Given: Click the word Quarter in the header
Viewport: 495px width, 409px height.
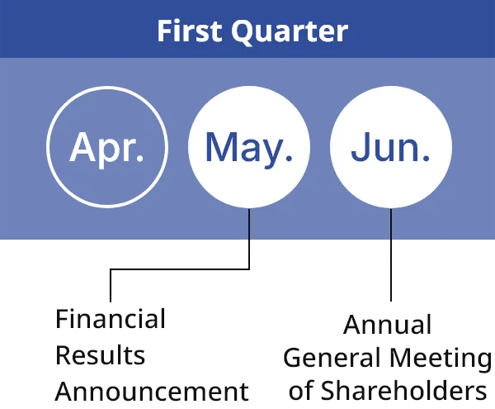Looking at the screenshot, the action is [x=290, y=32].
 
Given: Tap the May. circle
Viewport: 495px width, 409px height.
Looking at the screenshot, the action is [x=249, y=147].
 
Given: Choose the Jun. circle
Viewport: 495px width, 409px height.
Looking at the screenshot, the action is [x=391, y=147].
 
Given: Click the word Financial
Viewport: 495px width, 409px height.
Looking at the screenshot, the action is [x=111, y=319].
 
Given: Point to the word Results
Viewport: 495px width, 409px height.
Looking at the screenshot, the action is [x=100, y=355].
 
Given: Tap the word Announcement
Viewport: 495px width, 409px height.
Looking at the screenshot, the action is [x=152, y=391].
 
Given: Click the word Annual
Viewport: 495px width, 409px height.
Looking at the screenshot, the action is [x=387, y=324].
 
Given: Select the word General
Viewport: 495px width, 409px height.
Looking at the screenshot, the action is [x=332, y=358].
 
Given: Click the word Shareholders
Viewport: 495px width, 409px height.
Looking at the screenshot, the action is [x=403, y=390].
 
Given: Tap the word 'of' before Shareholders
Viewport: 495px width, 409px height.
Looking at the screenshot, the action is [x=302, y=390].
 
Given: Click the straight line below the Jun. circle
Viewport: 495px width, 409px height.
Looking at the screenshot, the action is [x=391, y=254].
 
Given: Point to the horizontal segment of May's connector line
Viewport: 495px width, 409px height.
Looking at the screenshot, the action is [x=180, y=269].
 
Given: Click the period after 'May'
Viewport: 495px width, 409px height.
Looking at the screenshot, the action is [x=288, y=159].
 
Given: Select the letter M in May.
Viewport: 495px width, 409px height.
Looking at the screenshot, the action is [x=220, y=146].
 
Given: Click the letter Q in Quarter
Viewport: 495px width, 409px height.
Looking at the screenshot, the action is [x=245, y=32].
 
